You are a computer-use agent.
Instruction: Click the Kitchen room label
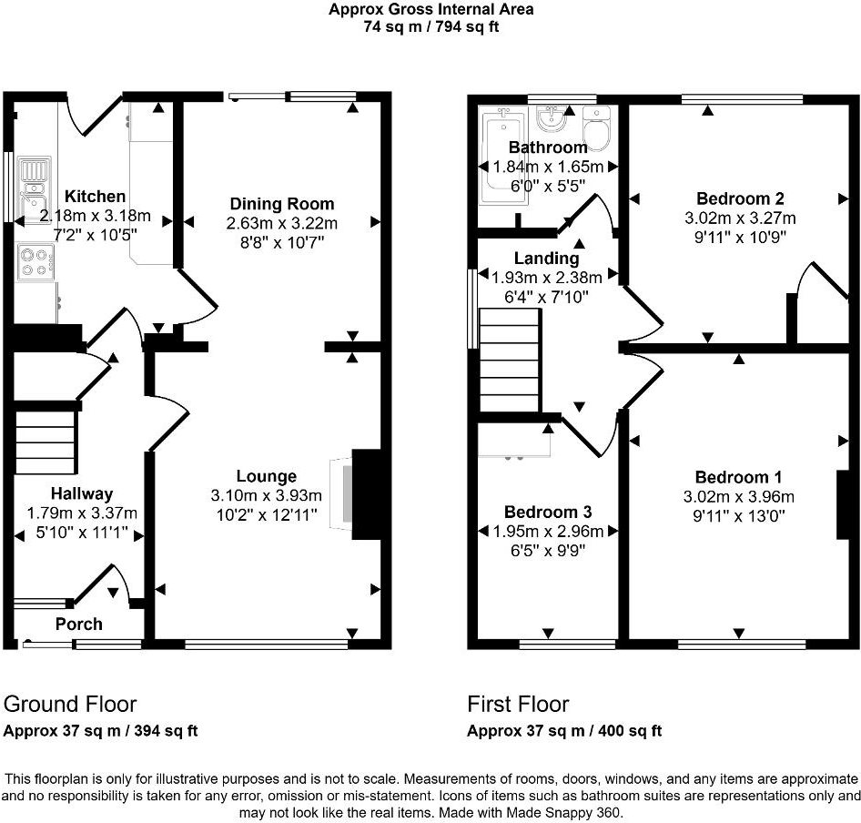(95, 196)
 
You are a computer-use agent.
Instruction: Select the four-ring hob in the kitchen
(35, 262)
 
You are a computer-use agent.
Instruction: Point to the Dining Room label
(282, 204)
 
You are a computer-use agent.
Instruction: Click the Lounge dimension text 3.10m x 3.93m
(267, 495)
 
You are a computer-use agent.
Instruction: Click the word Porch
(78, 625)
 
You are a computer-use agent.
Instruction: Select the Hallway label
(82, 493)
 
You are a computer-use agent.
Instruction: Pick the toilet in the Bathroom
(596, 129)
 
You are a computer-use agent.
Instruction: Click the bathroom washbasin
(552, 118)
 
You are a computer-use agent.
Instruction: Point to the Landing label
(546, 258)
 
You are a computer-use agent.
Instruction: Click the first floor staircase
(509, 360)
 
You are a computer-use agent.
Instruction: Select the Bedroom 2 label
(740, 198)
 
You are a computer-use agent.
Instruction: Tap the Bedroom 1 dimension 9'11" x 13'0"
(739, 516)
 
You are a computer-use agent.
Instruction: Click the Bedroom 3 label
(548, 512)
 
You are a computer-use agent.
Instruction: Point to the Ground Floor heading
(70, 704)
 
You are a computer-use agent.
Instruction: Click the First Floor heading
(518, 704)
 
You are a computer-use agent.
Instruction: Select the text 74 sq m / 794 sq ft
(431, 26)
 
